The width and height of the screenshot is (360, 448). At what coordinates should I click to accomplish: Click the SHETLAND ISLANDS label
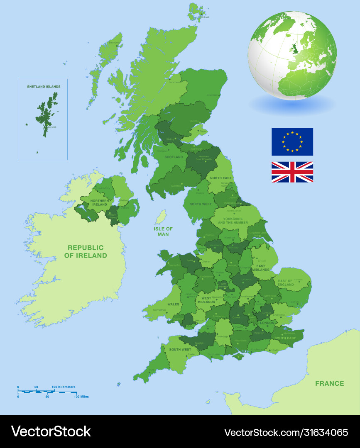[44, 87]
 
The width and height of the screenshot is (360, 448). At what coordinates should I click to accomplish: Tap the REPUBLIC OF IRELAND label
[86, 251]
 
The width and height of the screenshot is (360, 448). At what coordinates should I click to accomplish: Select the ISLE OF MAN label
[163, 231]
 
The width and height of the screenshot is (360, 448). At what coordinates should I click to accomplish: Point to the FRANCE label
[329, 383]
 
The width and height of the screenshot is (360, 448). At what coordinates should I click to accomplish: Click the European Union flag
[292, 141]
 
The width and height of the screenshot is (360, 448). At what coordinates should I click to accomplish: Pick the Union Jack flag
[292, 172]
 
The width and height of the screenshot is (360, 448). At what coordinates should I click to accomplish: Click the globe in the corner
[292, 55]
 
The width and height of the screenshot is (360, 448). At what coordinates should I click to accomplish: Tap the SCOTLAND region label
[174, 157]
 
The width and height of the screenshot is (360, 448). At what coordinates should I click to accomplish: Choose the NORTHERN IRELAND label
[99, 202]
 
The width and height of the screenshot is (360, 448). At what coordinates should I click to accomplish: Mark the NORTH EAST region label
[220, 178]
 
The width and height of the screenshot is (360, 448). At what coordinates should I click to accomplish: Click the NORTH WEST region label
[201, 204]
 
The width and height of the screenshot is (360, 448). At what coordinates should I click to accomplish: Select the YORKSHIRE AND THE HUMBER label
[235, 221]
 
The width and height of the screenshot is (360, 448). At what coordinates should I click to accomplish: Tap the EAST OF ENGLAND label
[285, 283]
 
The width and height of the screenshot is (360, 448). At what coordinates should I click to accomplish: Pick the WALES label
[173, 304]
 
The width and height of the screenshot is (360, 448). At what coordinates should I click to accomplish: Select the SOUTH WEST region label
[180, 350]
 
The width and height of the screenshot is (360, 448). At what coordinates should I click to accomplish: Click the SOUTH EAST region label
[285, 338]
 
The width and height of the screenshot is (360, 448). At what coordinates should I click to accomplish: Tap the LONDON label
[267, 323]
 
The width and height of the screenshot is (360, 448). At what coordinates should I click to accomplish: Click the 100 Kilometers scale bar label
[64, 387]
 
